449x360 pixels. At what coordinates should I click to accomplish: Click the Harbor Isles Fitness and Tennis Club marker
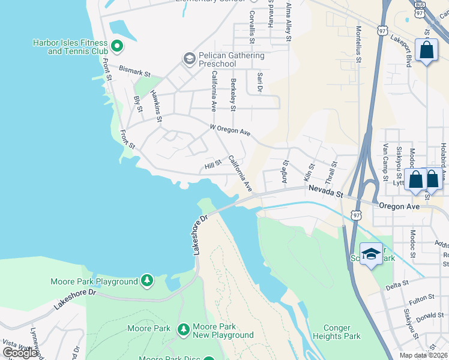(118, 44)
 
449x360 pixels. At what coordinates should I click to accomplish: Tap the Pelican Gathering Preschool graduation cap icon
(189, 58)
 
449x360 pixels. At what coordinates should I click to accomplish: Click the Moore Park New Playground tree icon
(184, 329)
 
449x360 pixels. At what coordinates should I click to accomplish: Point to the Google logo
(20, 353)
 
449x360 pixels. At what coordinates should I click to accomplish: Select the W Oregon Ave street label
(230, 130)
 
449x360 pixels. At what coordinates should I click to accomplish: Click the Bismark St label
(133, 70)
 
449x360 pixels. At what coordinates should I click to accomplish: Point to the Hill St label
(213, 163)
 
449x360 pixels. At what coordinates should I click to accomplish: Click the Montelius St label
(358, 44)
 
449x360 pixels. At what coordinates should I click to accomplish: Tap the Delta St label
(397, 284)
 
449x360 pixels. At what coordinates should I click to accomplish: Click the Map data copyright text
(424, 355)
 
